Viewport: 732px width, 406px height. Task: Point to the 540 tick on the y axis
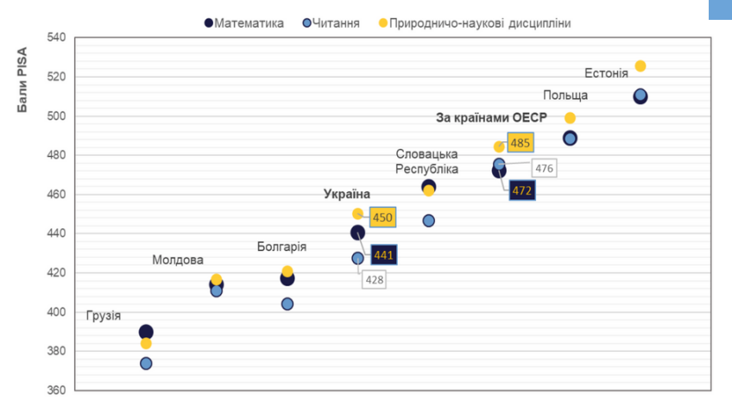[56, 37]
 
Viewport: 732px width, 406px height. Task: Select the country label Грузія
[104, 315]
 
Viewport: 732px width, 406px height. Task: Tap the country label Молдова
[178, 259]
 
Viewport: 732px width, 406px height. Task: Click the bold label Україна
[347, 195]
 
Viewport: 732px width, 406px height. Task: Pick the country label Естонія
[606, 72]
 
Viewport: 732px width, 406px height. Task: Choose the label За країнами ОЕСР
[485, 117]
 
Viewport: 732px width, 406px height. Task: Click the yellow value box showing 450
[383, 217]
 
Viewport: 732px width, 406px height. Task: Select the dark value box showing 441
[383, 255]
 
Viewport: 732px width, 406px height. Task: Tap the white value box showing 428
[374, 279]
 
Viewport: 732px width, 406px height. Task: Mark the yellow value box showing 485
[521, 143]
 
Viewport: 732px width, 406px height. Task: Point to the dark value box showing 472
[521, 190]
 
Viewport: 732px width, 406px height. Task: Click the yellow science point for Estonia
[640, 66]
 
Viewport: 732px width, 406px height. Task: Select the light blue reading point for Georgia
[146, 364]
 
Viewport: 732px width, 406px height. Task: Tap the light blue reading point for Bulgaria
[287, 303]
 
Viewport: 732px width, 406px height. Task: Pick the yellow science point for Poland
[570, 118]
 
